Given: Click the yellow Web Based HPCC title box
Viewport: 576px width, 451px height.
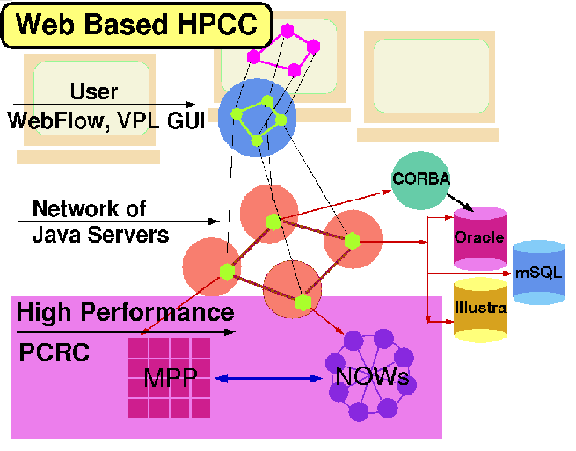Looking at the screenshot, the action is (x=136, y=25).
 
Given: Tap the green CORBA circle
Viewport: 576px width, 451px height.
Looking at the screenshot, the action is (x=420, y=180).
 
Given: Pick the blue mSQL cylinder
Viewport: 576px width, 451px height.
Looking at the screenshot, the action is (x=539, y=273).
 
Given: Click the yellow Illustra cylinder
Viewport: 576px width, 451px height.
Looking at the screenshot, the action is (x=480, y=310).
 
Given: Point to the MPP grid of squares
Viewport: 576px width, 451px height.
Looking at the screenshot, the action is (x=170, y=378).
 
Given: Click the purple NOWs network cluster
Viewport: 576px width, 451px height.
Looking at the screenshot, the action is (x=371, y=375).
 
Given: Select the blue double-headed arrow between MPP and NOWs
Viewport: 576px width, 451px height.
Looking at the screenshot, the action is (x=268, y=378).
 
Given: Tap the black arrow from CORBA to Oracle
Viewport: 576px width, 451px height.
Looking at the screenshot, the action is (x=460, y=202).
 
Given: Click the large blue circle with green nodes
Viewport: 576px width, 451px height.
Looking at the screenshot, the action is (x=257, y=118).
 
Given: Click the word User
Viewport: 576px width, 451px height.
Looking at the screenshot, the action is (x=94, y=91).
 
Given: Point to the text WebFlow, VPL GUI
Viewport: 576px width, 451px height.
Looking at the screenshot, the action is (x=106, y=120).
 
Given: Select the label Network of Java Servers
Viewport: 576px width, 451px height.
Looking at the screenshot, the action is (x=100, y=222).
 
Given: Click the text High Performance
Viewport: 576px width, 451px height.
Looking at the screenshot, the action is (x=125, y=313).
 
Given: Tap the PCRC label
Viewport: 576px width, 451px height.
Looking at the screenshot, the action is (x=54, y=353).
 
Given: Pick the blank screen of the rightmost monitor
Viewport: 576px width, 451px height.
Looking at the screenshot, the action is (x=431, y=76).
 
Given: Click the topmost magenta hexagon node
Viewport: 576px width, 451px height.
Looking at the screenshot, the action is (x=288, y=31).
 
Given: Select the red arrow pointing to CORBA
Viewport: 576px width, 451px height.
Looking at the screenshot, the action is (x=335, y=204).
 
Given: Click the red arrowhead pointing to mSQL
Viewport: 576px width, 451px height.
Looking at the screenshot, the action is (x=507, y=273).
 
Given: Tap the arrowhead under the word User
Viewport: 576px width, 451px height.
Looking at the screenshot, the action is (x=191, y=105).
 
